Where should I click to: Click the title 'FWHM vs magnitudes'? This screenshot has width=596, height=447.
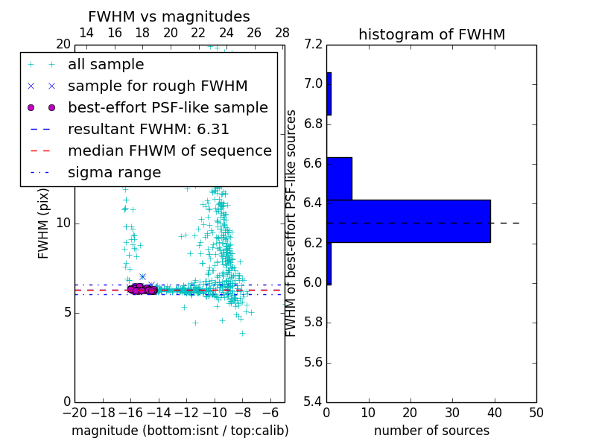pos(168,17)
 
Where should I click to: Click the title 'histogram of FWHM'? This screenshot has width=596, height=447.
pos(431,34)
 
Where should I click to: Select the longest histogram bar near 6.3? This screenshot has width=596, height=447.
pos(408,221)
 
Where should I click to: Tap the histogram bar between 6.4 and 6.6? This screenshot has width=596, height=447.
pos(339,179)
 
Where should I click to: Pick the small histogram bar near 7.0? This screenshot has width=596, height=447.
pos(329,94)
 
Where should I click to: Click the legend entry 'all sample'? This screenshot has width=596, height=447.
pos(106,65)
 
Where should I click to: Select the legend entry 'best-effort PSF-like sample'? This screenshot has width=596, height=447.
pos(168,108)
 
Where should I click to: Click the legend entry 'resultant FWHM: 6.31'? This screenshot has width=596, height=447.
pos(148,129)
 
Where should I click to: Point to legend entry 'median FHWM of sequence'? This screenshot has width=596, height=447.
pos(169,150)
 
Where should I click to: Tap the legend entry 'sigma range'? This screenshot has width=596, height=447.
pos(114,173)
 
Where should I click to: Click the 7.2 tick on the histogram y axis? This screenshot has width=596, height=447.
pos(314,44)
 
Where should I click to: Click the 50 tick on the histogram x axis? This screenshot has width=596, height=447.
pos(536,413)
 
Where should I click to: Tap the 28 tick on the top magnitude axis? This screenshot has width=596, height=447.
pos(282,33)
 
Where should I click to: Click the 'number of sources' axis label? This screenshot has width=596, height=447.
pos(431,431)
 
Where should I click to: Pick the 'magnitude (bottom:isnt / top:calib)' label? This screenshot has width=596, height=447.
pos(180,431)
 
